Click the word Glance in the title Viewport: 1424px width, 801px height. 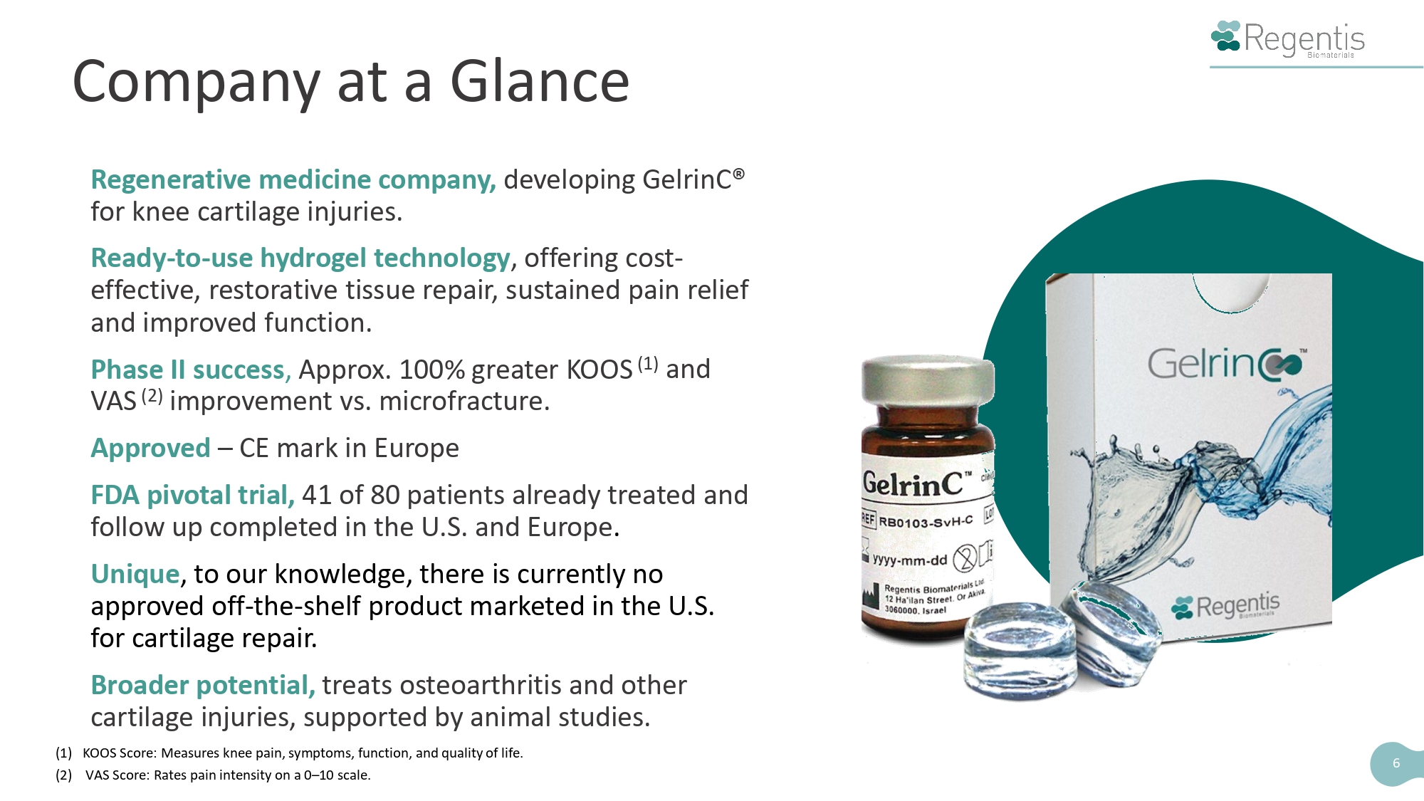(x=540, y=81)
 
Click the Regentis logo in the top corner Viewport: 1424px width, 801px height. (x=1288, y=38)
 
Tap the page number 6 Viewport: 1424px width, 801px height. (x=1396, y=763)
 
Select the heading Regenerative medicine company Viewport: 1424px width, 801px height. (x=293, y=180)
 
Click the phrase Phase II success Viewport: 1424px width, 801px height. (x=191, y=370)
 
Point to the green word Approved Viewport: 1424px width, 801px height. (x=151, y=449)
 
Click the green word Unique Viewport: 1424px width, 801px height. (x=135, y=574)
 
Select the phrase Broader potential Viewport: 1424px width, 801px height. (x=203, y=685)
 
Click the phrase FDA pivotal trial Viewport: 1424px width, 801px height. (x=192, y=495)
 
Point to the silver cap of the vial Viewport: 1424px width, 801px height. (x=928, y=379)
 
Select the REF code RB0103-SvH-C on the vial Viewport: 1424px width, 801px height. (x=926, y=521)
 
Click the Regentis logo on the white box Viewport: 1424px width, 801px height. (x=1225, y=607)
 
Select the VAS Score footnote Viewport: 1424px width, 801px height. (x=214, y=775)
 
